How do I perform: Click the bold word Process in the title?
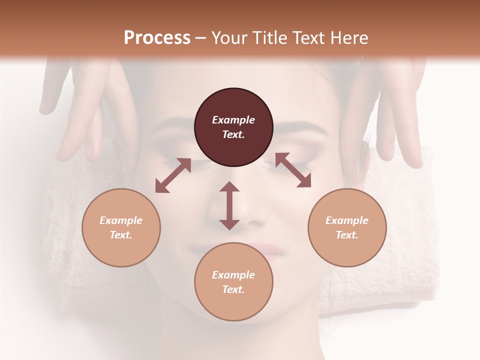(x=157, y=38)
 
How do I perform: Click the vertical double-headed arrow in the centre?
(x=229, y=205)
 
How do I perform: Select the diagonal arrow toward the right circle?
(x=293, y=170)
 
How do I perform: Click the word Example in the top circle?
(x=233, y=120)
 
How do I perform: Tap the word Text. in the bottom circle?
(x=233, y=289)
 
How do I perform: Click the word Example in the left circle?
(x=121, y=220)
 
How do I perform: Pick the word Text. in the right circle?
(x=347, y=235)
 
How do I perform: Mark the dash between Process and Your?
(x=201, y=38)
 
